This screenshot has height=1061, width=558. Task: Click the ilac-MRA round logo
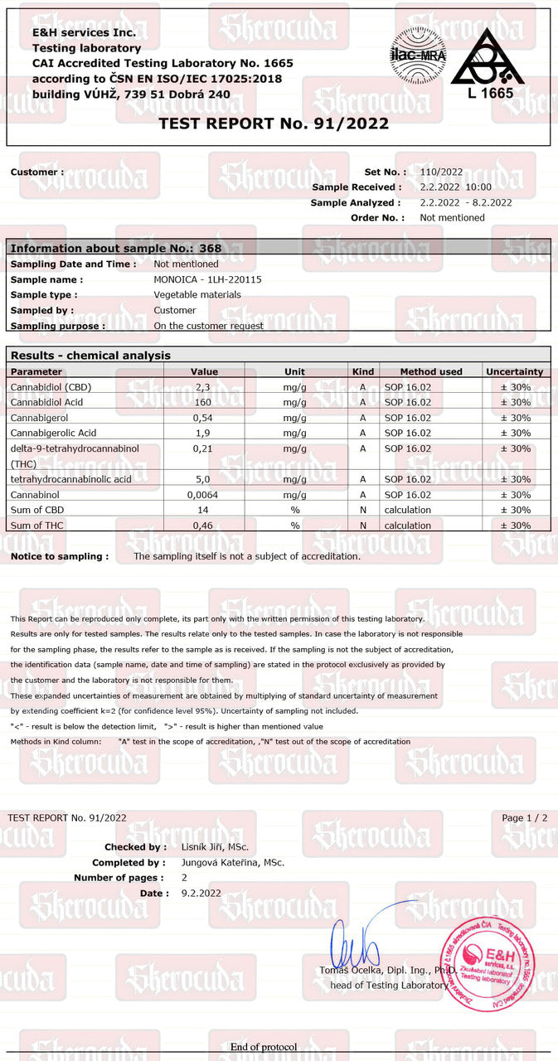click(418, 55)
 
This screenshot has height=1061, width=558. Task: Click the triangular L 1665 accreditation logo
click(489, 65)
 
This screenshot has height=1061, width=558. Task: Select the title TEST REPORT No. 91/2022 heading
click(274, 124)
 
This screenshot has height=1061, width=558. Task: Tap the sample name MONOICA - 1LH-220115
click(207, 279)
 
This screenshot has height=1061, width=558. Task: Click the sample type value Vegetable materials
click(197, 294)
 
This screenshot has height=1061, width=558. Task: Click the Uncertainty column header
click(514, 371)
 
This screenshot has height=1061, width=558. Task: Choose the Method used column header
click(431, 371)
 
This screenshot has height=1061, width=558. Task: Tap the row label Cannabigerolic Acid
click(54, 433)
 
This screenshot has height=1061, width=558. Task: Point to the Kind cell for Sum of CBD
click(363, 510)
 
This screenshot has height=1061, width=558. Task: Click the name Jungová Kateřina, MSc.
click(233, 862)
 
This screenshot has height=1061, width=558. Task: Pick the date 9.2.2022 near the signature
click(201, 893)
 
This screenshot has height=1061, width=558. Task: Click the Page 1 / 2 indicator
click(525, 817)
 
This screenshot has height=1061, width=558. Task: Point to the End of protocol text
click(264, 1047)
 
